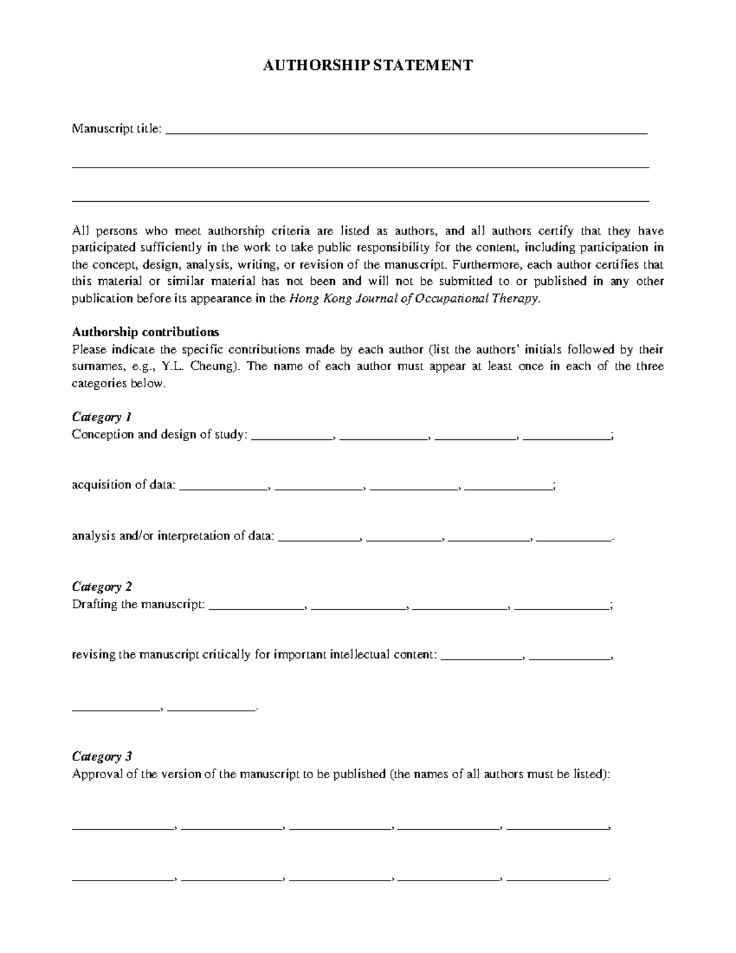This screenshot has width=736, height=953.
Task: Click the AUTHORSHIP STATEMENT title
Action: pos(367,66)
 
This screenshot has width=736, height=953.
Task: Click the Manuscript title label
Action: pos(117,129)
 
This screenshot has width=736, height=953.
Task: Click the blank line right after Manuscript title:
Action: pos(406,131)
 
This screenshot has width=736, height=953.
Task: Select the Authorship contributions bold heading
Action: pos(145,332)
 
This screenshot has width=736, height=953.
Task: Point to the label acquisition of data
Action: pos(123,485)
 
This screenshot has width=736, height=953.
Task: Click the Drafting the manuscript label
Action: pos(138,604)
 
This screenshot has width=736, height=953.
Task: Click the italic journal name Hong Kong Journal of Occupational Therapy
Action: pos(414,299)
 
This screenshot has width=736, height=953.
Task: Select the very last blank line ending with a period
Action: pos(558,879)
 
